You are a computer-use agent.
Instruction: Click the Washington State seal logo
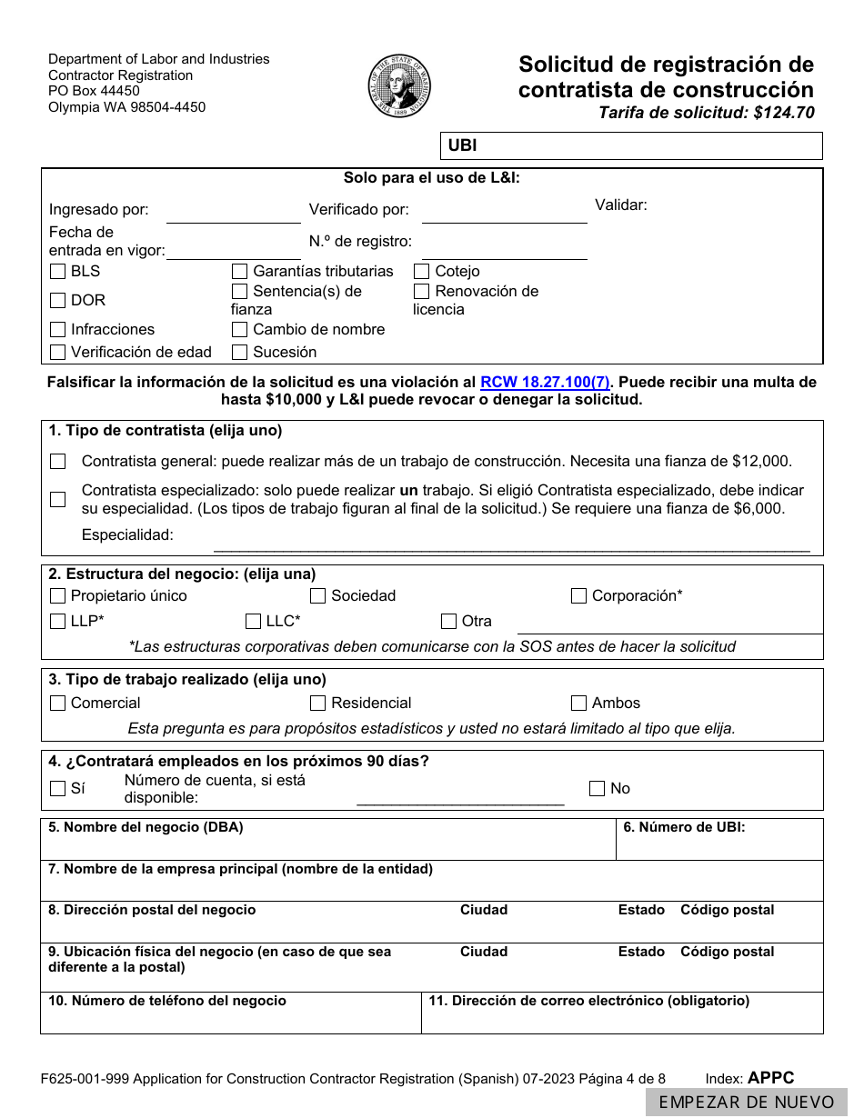pyautogui.click(x=399, y=85)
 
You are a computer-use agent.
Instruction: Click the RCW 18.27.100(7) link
pyautogui.click(x=545, y=382)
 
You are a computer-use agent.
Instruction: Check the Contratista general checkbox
pyautogui.click(x=58, y=462)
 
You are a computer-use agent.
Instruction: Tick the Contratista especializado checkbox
pyautogui.click(x=58, y=499)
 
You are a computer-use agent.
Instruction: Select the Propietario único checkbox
pyautogui.click(x=58, y=596)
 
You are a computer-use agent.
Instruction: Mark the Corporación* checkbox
pyautogui.click(x=578, y=596)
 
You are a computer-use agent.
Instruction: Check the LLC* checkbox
pyautogui.click(x=253, y=622)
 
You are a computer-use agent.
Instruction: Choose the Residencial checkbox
pyautogui.click(x=317, y=704)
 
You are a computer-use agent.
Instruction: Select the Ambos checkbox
pyautogui.click(x=578, y=704)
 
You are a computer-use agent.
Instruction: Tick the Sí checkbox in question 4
pyautogui.click(x=58, y=789)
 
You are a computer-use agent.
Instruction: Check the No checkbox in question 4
pyautogui.click(x=597, y=789)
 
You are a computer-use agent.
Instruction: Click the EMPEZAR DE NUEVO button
pyautogui.click(x=746, y=1103)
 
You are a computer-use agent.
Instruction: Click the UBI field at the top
pyautogui.click(x=637, y=145)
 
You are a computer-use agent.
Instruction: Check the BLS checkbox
pyautogui.click(x=58, y=272)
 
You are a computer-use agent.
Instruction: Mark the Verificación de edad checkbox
pyautogui.click(x=58, y=353)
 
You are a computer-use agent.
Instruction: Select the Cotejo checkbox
pyautogui.click(x=422, y=272)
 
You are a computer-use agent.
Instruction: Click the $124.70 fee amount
pyautogui.click(x=783, y=113)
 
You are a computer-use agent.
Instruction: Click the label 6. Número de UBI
pyautogui.click(x=684, y=828)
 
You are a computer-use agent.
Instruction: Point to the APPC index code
pyautogui.click(x=770, y=1078)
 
